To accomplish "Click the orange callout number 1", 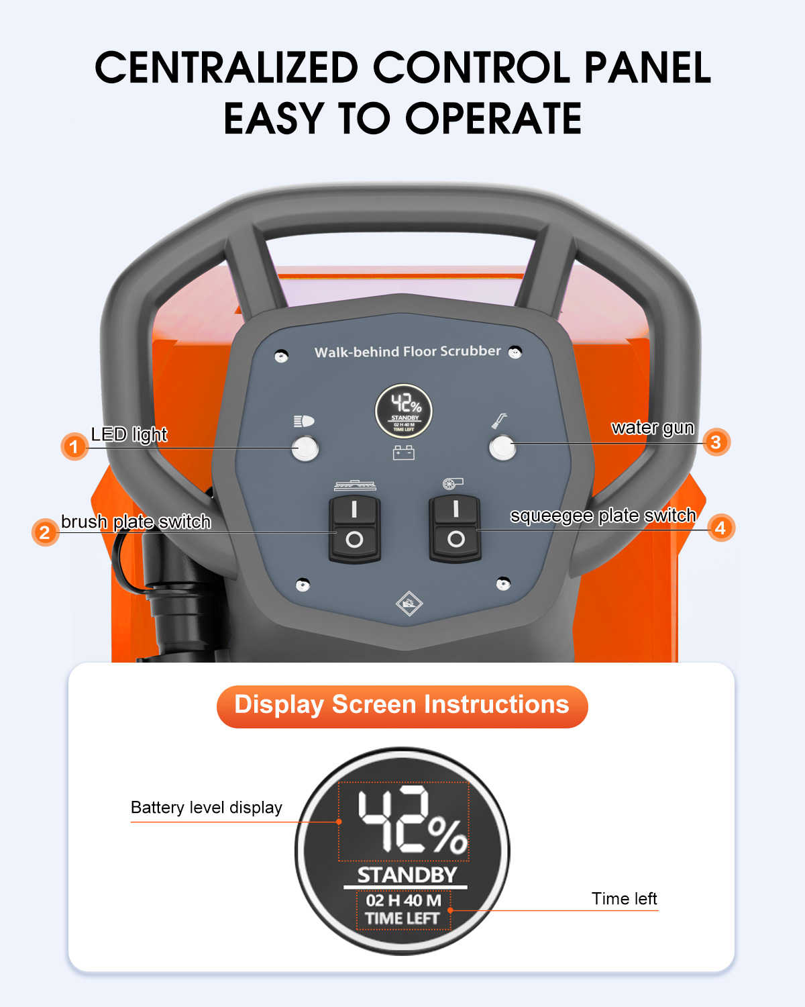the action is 74,446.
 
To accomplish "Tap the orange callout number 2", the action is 46,532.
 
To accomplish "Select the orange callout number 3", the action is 716,442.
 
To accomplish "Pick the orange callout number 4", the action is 720,528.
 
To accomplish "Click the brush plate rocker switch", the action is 355,529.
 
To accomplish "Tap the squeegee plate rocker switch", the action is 455,528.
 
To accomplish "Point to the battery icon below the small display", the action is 403,452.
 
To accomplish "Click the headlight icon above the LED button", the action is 304,422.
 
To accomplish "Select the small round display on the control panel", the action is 404,412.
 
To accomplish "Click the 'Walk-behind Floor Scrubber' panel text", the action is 407,351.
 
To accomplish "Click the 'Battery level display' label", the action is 206,808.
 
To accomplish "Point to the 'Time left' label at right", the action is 624,898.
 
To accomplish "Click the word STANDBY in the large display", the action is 407,875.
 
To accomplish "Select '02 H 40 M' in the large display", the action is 403,900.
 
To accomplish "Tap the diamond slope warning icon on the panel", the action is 409,604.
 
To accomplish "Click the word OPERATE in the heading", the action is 493,118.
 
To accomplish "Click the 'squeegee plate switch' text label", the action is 603,516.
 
